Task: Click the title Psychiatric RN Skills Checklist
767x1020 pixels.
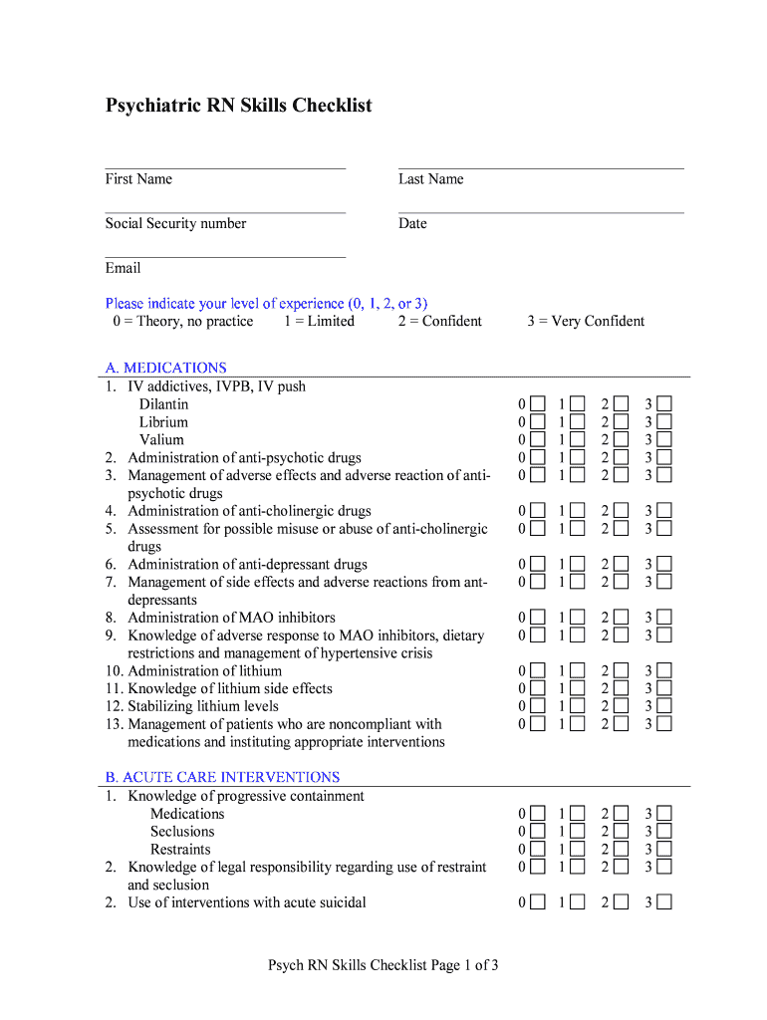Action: click(239, 106)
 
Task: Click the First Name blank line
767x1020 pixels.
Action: click(225, 167)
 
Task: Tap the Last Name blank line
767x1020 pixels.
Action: click(541, 167)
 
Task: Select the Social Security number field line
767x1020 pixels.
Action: click(225, 212)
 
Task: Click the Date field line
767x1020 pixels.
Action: click(541, 212)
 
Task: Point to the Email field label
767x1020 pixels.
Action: click(124, 268)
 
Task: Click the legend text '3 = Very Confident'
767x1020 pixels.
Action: click(586, 321)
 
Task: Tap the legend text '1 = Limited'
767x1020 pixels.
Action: click(319, 321)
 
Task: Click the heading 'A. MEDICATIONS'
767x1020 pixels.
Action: click(166, 368)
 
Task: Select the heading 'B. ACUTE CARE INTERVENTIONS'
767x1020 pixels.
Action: click(223, 777)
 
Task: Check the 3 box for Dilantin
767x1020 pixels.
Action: click(663, 404)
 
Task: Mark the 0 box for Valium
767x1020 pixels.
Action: click(538, 440)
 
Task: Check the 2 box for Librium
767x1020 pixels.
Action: click(622, 422)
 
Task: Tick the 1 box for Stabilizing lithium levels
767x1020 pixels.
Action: click(579, 706)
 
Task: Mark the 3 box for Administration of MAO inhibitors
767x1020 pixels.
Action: click(663, 618)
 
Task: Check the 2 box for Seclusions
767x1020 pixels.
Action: click(622, 832)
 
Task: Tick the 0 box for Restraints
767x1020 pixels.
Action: click(538, 850)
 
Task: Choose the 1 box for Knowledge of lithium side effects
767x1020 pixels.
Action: click(579, 688)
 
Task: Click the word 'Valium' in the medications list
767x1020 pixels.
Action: click(161, 440)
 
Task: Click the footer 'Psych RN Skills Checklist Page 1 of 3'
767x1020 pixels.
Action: click(383, 965)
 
